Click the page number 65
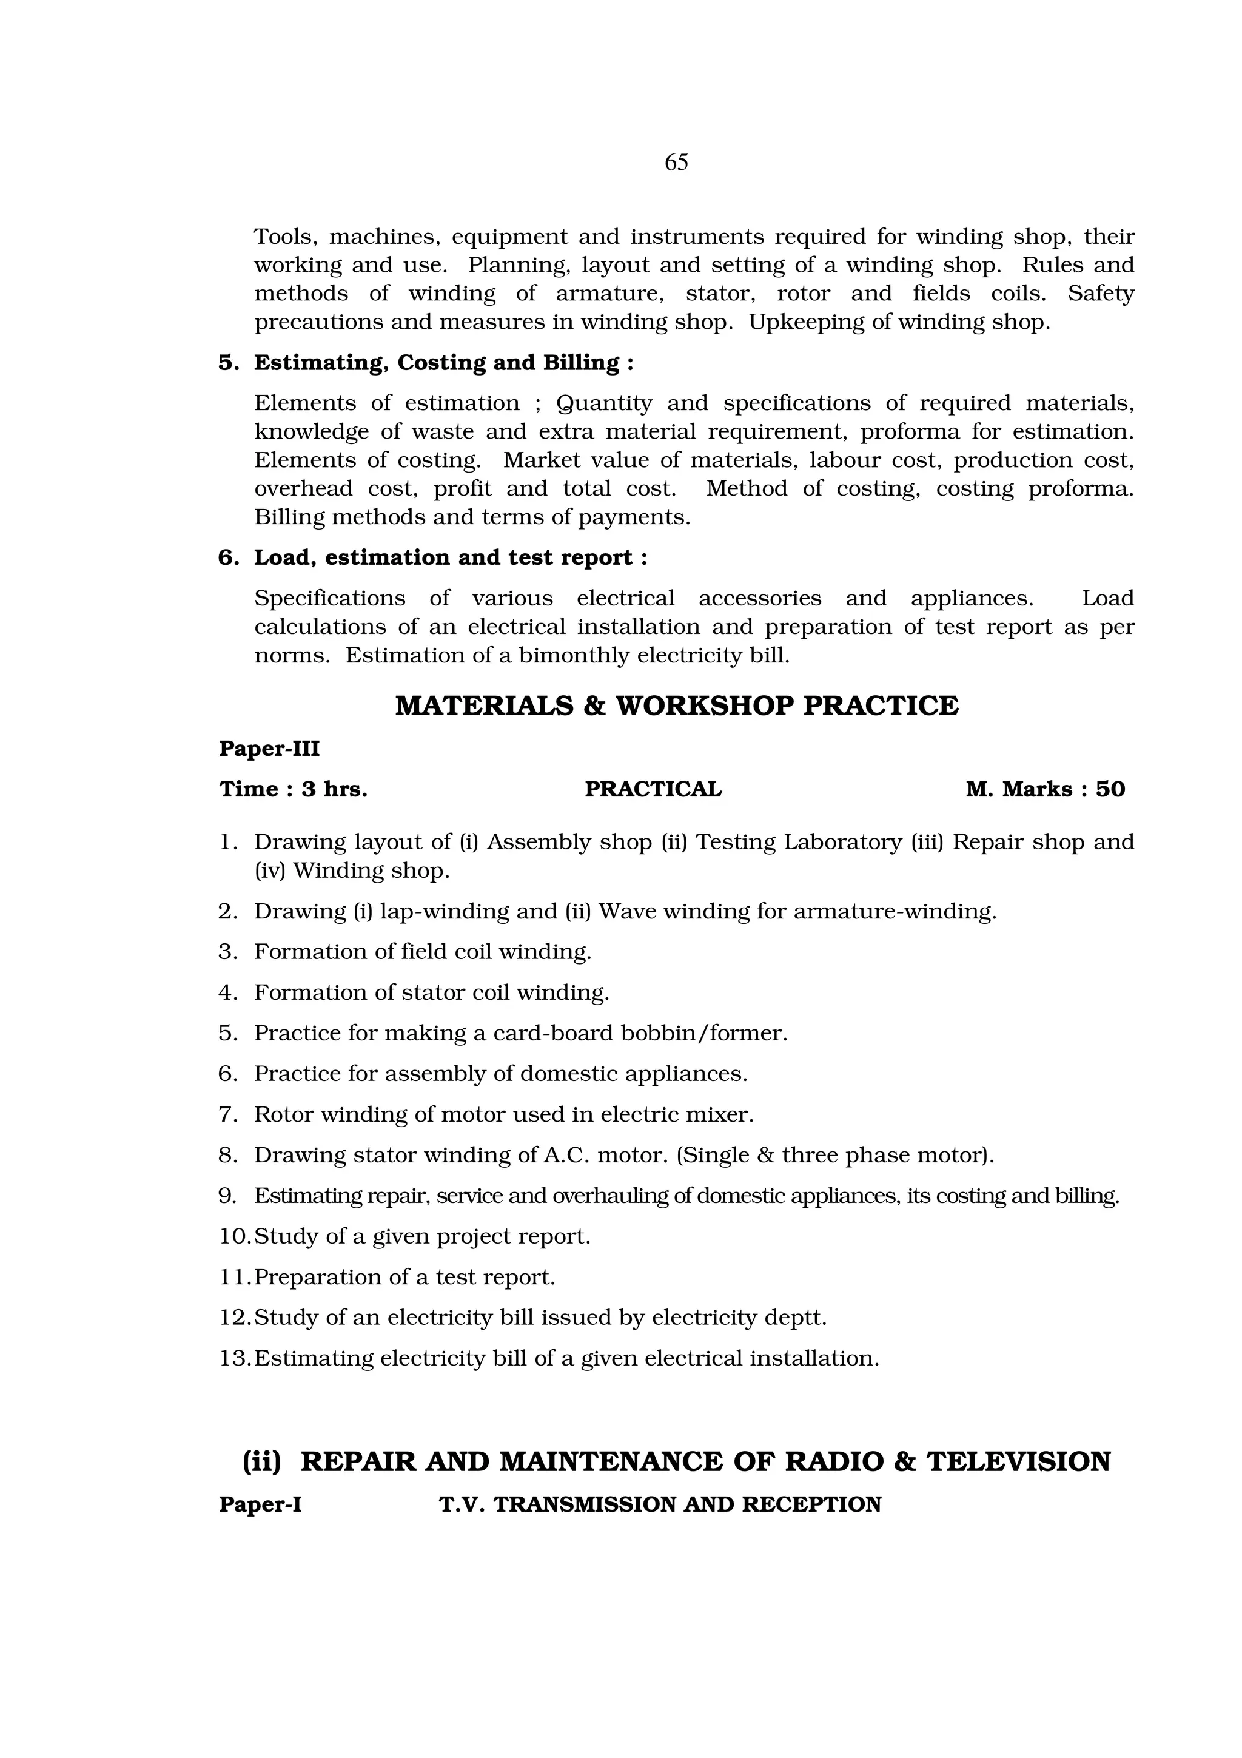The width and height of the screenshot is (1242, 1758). click(676, 163)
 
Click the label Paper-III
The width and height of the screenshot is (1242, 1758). click(269, 748)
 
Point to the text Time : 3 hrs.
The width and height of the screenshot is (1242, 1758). click(293, 789)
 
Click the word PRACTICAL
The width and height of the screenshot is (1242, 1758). click(653, 789)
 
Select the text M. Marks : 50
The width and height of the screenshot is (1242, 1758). click(1046, 789)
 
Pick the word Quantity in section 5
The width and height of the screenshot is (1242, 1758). click(604, 403)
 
